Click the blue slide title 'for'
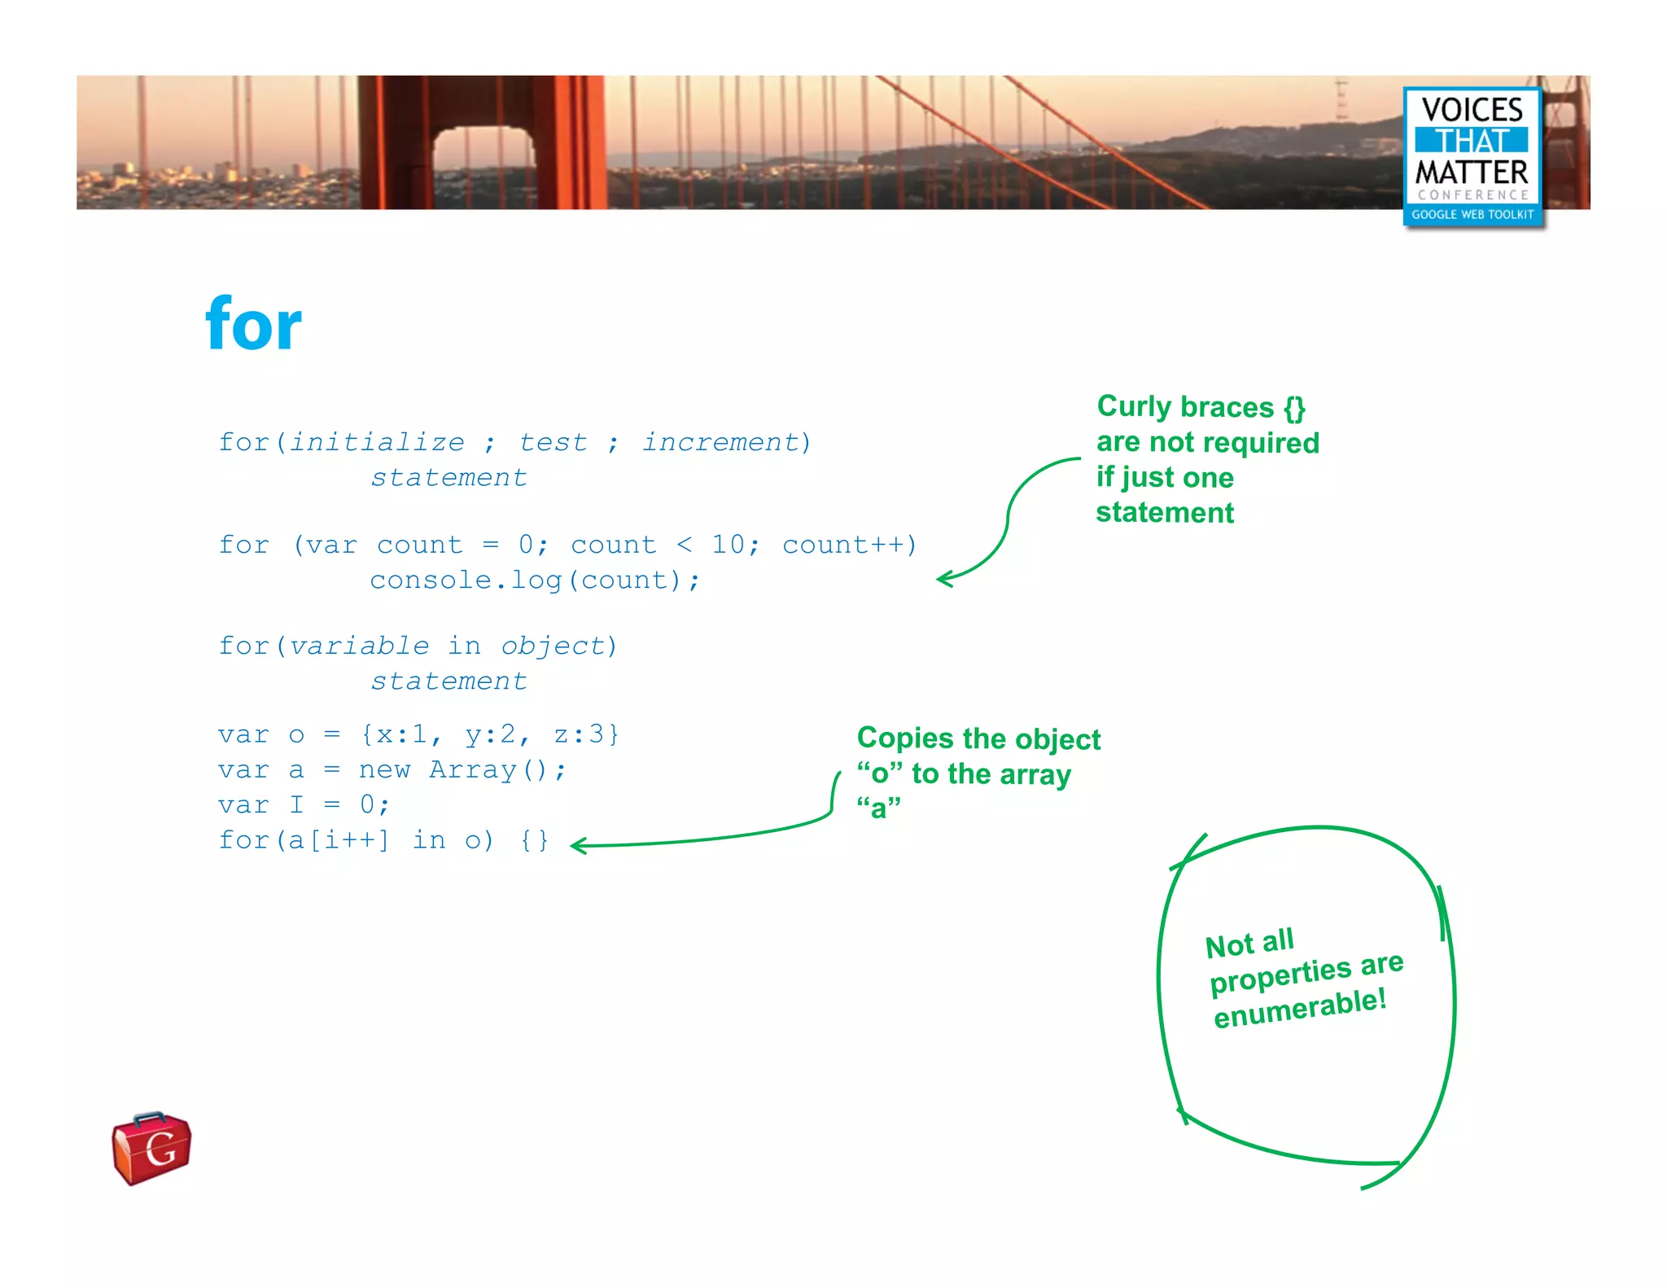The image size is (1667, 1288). pos(253,325)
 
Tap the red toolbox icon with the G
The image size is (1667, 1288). pos(151,1148)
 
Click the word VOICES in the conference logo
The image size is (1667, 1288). pos(1472,110)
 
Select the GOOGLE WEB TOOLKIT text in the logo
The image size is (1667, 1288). pos(1472,215)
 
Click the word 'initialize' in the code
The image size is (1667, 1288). pos(377,442)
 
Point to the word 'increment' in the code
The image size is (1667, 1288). pos(721,442)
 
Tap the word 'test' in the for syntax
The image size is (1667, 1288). pos(553,442)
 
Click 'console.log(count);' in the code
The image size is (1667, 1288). pos(534,580)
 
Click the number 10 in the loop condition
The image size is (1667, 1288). pos(728,545)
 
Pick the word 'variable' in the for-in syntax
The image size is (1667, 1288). pos(359,646)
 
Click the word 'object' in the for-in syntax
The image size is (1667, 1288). pos(553,646)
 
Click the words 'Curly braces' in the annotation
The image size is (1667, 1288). pos(1185,406)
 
